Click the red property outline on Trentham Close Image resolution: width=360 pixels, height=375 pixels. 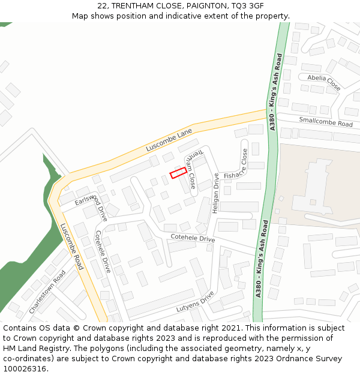click(x=178, y=173)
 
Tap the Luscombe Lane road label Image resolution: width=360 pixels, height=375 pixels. click(x=169, y=140)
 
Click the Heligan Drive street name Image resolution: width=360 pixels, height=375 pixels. click(x=216, y=193)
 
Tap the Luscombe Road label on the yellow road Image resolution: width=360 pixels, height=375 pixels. click(x=71, y=246)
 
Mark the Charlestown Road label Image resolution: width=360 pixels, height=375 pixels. click(x=47, y=292)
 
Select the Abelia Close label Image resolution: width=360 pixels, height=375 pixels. click(x=324, y=82)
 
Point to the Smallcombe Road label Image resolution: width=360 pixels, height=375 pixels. click(x=326, y=122)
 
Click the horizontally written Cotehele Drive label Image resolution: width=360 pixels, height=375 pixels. click(x=193, y=238)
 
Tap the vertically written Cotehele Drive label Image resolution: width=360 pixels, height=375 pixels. click(x=103, y=251)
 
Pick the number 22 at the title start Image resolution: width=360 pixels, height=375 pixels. click(x=103, y=5)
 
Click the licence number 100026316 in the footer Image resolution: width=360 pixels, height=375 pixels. click(x=25, y=368)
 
